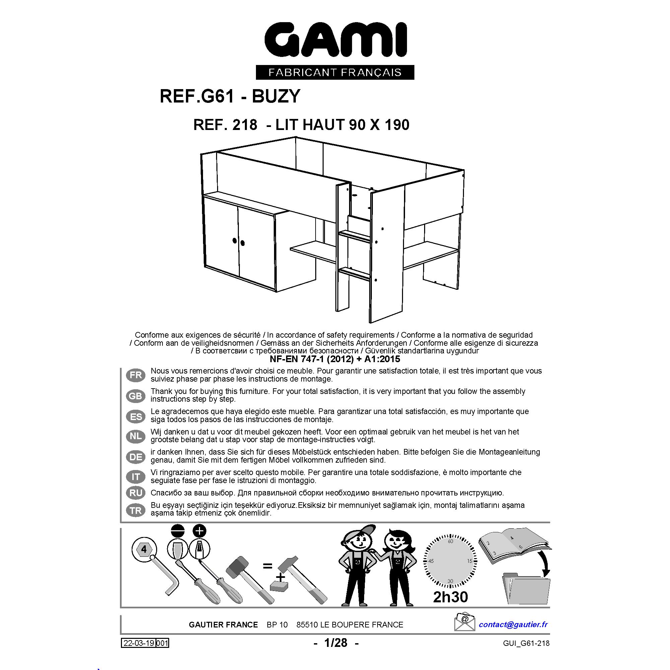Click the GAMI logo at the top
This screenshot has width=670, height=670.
(335, 41)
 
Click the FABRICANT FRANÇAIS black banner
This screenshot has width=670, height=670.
(335, 72)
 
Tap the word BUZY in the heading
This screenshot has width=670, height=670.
(276, 96)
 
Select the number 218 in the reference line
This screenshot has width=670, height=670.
(245, 125)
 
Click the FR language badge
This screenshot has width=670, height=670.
(136, 375)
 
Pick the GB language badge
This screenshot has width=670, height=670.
(136, 396)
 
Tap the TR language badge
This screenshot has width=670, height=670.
(136, 511)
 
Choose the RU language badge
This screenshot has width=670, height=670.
(136, 492)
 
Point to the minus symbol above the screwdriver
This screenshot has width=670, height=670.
(178, 531)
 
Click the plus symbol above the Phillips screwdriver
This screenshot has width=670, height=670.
(199, 531)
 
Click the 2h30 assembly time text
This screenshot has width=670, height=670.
(451, 596)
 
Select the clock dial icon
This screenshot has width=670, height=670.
(451, 561)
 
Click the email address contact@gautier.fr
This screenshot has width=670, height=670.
(513, 624)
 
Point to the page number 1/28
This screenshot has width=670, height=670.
(335, 643)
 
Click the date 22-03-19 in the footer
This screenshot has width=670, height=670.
(139, 643)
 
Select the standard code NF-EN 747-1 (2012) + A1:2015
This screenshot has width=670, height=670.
(335, 358)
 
